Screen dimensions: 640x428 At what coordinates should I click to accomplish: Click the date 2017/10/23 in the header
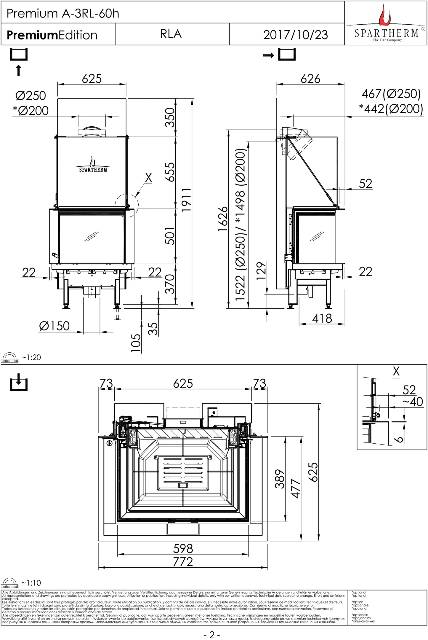click(x=295, y=35)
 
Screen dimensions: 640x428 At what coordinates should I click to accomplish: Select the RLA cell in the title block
click(x=171, y=34)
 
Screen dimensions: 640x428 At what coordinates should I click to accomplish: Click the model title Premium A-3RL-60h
click(x=63, y=13)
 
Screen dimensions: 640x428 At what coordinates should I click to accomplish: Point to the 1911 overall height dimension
click(x=186, y=200)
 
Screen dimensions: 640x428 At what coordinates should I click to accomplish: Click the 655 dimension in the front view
click(x=170, y=172)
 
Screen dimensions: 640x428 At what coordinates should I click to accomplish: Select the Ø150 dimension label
click(x=54, y=326)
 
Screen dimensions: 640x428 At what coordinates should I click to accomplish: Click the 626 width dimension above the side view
click(x=310, y=79)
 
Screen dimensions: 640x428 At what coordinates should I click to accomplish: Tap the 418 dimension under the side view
click(x=322, y=319)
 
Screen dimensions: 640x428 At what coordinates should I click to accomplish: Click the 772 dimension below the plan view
click(x=183, y=562)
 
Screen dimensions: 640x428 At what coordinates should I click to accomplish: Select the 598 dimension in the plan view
click(x=183, y=548)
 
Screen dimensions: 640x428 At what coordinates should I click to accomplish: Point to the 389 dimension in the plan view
click(x=279, y=479)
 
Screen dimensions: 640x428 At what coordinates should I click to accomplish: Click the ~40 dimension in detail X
click(x=412, y=402)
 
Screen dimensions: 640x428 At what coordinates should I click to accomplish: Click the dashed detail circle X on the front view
click(x=127, y=205)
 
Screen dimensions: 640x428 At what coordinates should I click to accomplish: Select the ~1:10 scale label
click(x=31, y=583)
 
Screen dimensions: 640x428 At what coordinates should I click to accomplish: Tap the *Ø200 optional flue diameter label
click(x=31, y=111)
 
